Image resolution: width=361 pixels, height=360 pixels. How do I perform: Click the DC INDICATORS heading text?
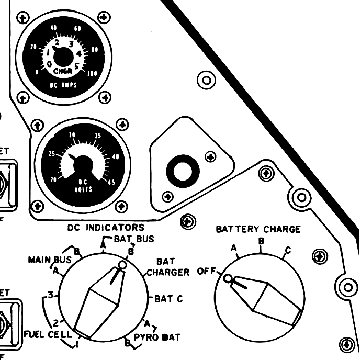click(x=106, y=228)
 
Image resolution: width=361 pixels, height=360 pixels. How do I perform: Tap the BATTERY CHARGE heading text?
click(x=258, y=229)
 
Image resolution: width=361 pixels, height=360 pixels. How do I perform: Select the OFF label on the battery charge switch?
click(x=206, y=272)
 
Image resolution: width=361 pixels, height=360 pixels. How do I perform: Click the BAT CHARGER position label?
click(x=167, y=267)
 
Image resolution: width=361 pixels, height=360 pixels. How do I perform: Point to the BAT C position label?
click(x=168, y=299)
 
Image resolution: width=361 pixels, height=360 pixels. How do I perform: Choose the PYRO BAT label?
click(x=157, y=337)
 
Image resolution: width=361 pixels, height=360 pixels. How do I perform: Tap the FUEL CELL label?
click(x=48, y=334)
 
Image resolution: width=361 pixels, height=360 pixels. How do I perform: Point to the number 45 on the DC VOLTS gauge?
click(x=110, y=182)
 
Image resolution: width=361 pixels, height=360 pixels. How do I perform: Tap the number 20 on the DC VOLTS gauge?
click(x=52, y=179)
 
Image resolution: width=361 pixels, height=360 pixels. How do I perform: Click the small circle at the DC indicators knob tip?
click(x=122, y=265)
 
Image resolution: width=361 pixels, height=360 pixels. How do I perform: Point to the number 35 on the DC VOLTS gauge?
click(x=98, y=136)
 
